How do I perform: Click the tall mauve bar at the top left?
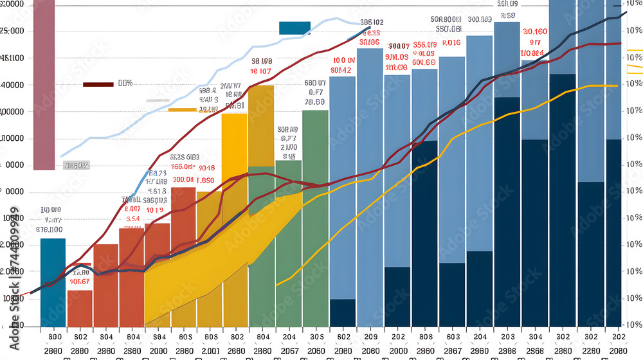click(44, 84)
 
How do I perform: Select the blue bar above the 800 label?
click(53, 283)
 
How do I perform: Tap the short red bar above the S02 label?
click(80, 309)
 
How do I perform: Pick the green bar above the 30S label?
click(315, 219)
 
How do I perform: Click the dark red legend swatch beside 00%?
click(98, 84)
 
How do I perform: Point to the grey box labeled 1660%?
click(77, 166)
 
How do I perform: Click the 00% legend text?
click(125, 84)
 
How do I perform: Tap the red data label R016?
click(452, 43)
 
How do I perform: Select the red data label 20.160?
click(535, 32)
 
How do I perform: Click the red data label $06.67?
click(79, 281)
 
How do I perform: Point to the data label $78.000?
click(50, 229)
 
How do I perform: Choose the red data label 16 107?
click(261, 71)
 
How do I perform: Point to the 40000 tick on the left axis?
click(13, 84)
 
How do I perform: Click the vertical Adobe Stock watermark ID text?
click(14, 270)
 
